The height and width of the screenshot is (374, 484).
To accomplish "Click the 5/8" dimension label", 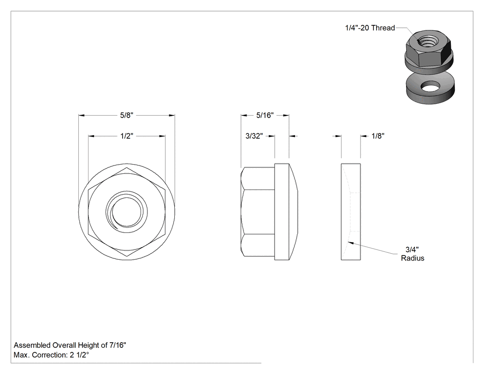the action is pyautogui.click(x=127, y=115).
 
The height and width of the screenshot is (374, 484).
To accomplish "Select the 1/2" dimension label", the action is pyautogui.click(x=127, y=136).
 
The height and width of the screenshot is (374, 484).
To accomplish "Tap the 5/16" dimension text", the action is pyautogui.click(x=265, y=115).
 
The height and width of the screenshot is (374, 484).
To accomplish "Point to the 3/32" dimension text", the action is pyautogui.click(x=254, y=136).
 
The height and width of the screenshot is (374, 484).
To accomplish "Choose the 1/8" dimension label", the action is pyautogui.click(x=378, y=136).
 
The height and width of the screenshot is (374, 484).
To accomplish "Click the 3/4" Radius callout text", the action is pyautogui.click(x=413, y=254).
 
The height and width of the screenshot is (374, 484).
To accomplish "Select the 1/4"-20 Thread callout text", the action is pyautogui.click(x=370, y=28).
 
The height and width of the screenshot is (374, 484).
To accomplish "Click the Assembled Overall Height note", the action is pyautogui.click(x=70, y=345).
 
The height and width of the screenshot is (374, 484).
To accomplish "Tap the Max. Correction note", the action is pyautogui.click(x=51, y=355).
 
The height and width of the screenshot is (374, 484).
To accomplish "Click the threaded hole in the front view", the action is pyautogui.click(x=127, y=212).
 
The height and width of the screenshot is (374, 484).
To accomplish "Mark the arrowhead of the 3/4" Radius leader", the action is pyautogui.click(x=350, y=243).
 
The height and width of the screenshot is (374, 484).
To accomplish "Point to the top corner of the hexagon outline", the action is pyautogui.click(x=127, y=168).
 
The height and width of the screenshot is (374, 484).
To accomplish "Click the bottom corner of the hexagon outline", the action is pyautogui.click(x=127, y=256).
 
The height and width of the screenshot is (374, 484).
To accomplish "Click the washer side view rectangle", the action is pyautogui.click(x=351, y=212).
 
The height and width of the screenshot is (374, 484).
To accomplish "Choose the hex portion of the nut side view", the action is pyautogui.click(x=258, y=212).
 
